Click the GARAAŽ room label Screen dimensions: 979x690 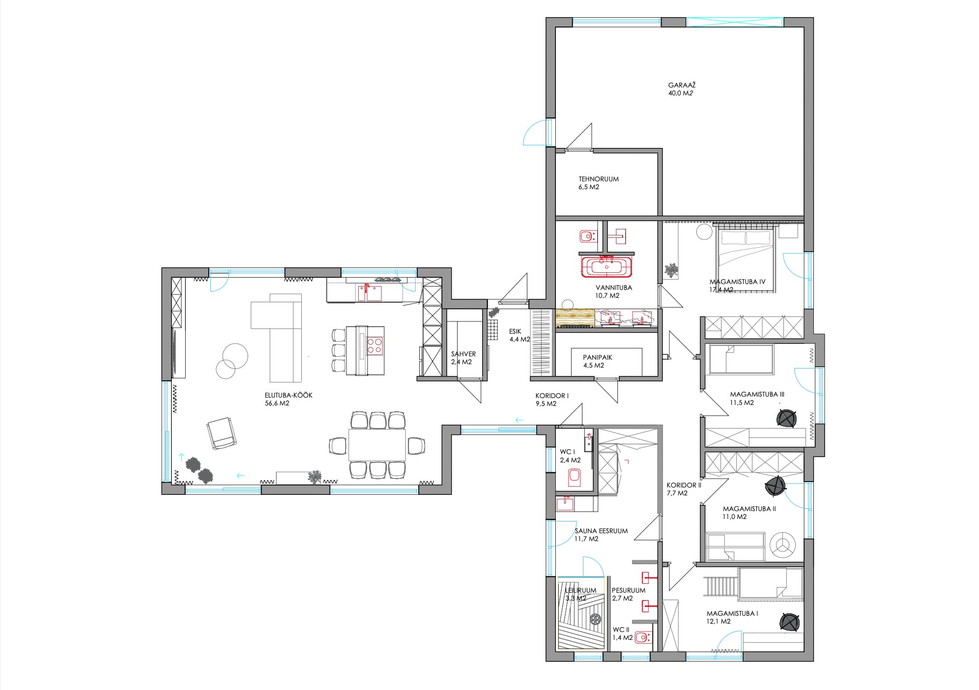pos(682,86)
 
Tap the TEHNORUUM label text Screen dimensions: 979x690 pos(599,179)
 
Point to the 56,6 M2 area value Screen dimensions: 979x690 pos(277,403)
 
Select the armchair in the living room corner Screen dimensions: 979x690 pos(221,432)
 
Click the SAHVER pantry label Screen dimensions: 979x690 pos(463,354)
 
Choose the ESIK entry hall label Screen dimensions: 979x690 pos(515,332)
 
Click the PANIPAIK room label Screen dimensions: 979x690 pos(598,358)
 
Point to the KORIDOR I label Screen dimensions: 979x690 pos(552,396)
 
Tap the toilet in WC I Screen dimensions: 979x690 pos(574,477)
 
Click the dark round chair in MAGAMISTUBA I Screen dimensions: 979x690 pos(789,622)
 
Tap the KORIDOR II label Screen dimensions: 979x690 pos(684,485)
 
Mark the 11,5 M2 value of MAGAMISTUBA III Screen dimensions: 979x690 pos(742,402)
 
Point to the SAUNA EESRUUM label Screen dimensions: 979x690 pos(601,531)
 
